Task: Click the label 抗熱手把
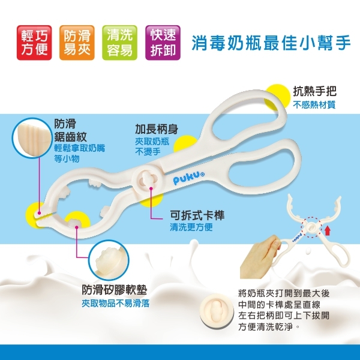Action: (x=314, y=92)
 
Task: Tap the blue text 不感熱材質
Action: (x=314, y=105)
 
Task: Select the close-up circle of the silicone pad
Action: (x=111, y=260)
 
